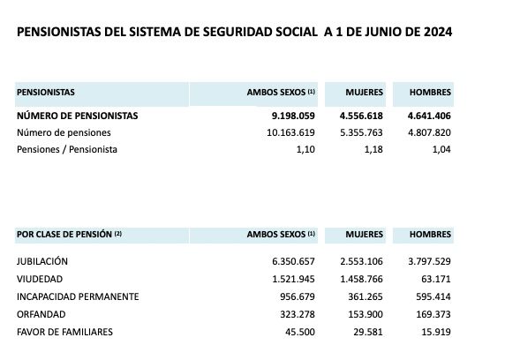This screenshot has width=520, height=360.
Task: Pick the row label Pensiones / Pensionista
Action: point(67,149)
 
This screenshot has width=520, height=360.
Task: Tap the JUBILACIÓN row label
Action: point(42,262)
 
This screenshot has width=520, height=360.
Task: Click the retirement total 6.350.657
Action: point(290,262)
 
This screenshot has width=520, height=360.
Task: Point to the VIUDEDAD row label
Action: point(39,279)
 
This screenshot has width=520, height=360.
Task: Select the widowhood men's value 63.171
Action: point(436,279)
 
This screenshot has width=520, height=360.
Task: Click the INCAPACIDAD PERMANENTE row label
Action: point(78,296)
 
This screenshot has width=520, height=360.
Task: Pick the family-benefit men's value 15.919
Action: point(436,331)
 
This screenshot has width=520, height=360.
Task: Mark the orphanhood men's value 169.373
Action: point(432,313)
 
